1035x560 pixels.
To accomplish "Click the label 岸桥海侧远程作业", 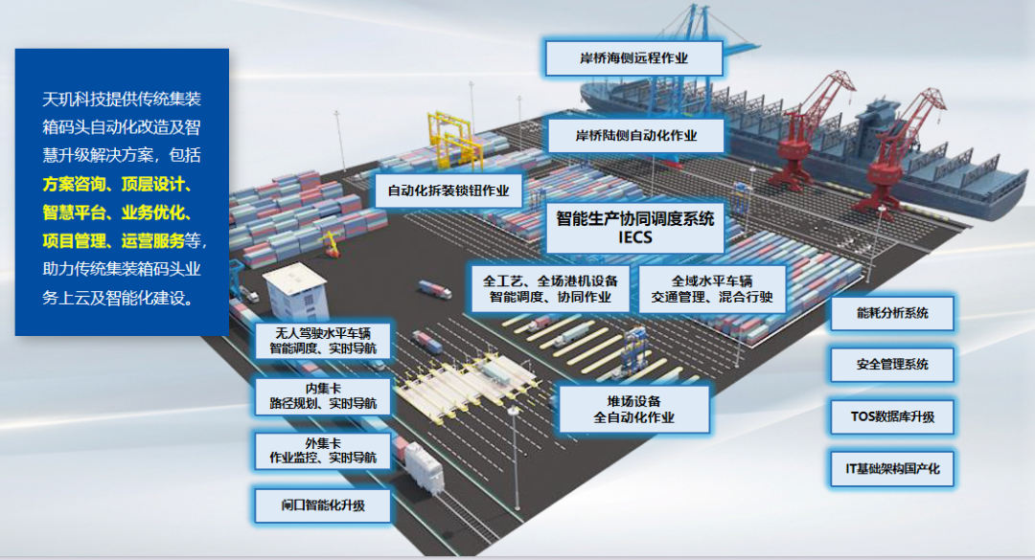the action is pos(633,57).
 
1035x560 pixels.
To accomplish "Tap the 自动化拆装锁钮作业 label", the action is pos(448,190).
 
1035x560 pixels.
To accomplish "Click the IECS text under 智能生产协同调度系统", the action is pos(635,236).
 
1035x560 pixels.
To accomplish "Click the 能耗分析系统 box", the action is pos(892,313).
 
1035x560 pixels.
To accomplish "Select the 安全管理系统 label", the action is pos(892,365).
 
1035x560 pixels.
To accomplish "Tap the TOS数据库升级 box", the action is pos(892,416).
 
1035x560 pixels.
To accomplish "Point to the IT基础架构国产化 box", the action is pos(892,469).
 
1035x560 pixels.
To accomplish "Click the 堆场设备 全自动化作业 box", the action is pos(633,409).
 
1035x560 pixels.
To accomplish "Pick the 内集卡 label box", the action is pos(322,396).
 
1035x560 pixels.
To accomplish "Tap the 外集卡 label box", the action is pos(322,451).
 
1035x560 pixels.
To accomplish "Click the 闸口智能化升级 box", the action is pos(322,504).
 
